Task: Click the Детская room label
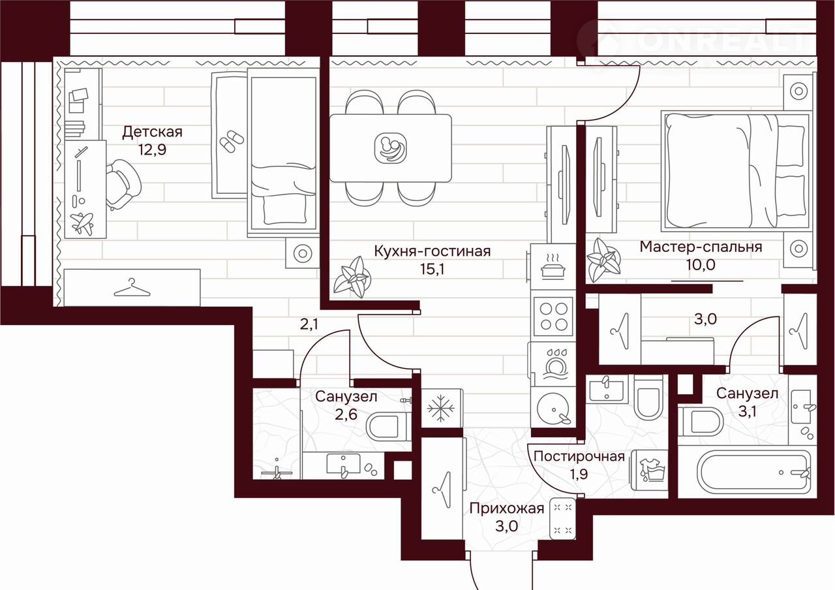pos(152,132)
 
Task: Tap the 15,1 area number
pos(432,269)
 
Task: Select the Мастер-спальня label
pos(701,247)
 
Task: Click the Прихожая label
pos(507,508)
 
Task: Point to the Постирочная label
pos(579,456)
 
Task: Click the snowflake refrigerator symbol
pos(440,408)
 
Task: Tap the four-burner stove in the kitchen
pos(554,317)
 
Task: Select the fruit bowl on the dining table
pos(390,148)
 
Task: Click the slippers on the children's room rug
pos(231,142)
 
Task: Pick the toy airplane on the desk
pos(82,223)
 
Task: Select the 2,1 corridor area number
pos(309,324)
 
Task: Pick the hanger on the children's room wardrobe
pos(132,288)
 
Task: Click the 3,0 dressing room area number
pos(705,319)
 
